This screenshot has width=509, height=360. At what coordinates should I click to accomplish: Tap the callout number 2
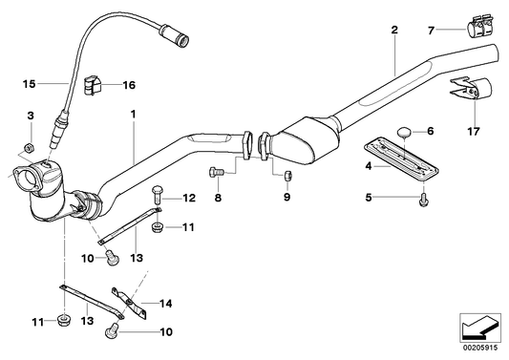point(393,32)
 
